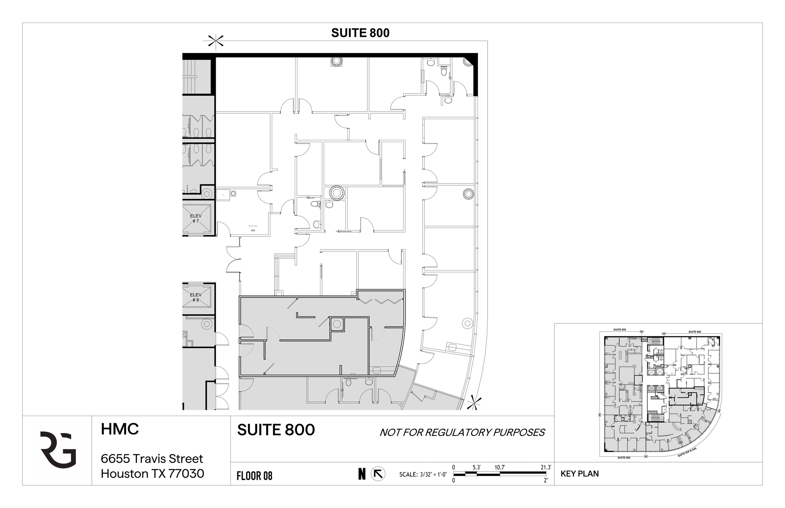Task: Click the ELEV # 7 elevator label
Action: click(x=195, y=218)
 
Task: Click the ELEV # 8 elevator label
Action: click(x=195, y=297)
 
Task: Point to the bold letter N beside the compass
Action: click(x=362, y=474)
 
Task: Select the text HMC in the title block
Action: click(x=120, y=429)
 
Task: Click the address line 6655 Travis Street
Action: click(x=152, y=459)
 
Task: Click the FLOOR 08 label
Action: click(x=255, y=476)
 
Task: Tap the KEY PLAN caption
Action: click(x=580, y=474)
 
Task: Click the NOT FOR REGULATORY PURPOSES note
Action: click(x=462, y=433)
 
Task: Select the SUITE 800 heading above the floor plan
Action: click(x=360, y=33)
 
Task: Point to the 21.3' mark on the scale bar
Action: click(x=545, y=467)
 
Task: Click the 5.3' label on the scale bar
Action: click(x=476, y=467)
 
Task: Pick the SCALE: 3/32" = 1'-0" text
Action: click(x=423, y=474)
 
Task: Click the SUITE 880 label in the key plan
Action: click(x=619, y=329)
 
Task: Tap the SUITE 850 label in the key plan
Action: click(x=624, y=458)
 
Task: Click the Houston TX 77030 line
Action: click(x=153, y=474)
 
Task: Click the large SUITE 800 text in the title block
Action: click(x=276, y=430)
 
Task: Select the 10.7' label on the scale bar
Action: click(x=499, y=467)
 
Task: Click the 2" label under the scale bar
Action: click(x=546, y=480)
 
